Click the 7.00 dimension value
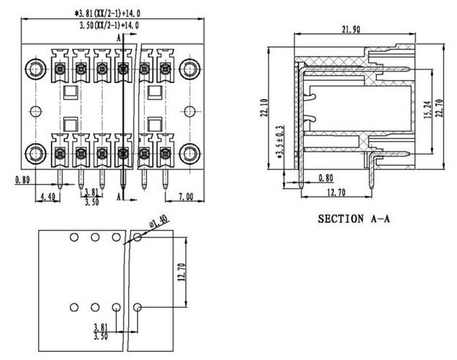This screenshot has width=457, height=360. (185, 197)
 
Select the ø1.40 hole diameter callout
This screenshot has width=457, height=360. (158, 220)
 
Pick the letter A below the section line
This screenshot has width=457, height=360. (120, 197)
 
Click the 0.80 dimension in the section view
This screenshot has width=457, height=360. (325, 177)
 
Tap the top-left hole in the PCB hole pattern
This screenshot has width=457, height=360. (74, 238)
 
